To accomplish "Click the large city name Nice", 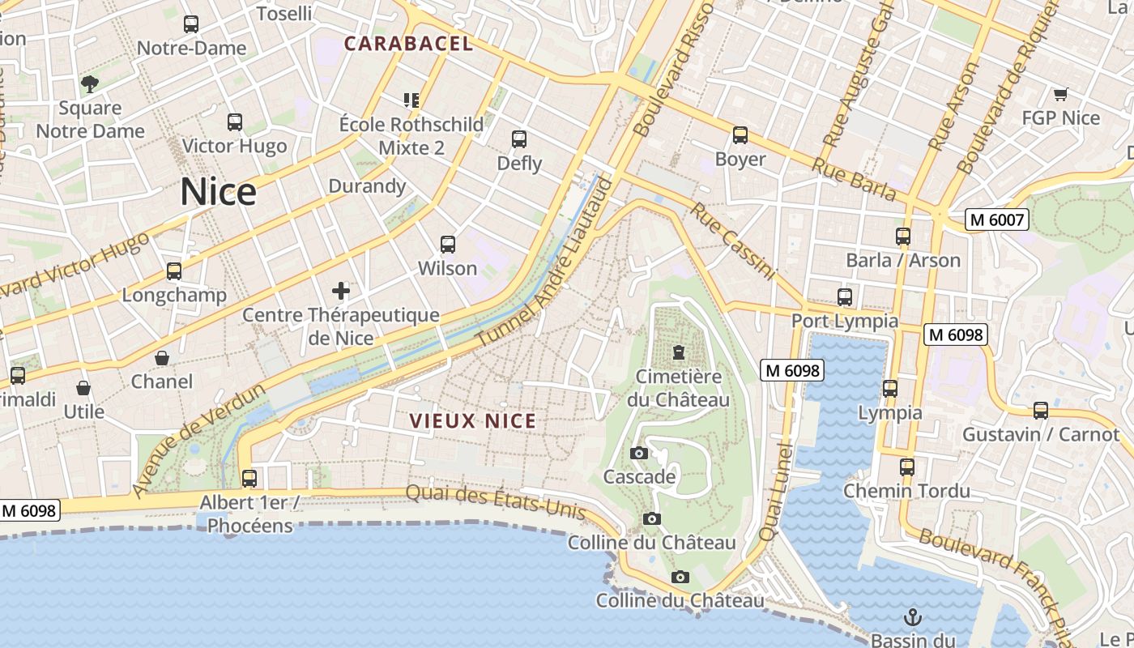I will click(x=218, y=192).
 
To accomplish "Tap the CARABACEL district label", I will click(x=408, y=44).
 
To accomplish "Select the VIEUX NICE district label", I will click(x=473, y=421).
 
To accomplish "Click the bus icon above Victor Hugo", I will click(x=235, y=122).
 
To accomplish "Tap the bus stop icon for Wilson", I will click(x=447, y=244).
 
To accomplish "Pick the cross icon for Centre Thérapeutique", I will click(x=341, y=291).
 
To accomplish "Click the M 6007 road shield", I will click(x=997, y=220).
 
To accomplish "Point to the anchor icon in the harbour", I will click(x=913, y=617).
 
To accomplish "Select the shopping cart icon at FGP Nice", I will click(x=1060, y=95).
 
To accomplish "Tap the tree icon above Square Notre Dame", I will click(x=90, y=83).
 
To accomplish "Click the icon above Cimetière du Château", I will click(x=678, y=352).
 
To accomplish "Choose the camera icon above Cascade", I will click(x=639, y=453).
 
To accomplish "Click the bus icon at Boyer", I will click(x=740, y=135).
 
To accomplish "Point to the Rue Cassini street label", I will click(x=733, y=241).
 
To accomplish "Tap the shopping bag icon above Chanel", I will click(x=162, y=358).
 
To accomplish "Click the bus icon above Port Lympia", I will click(x=845, y=297).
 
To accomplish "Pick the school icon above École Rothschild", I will click(x=411, y=100).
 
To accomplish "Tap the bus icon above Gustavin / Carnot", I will click(x=1041, y=411).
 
